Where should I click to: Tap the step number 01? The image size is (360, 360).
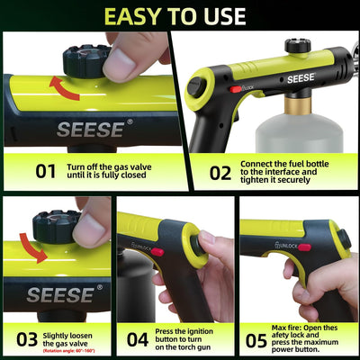pos(44,169)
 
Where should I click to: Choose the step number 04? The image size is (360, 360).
pos(138,339)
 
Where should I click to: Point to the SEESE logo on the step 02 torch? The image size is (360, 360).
pos(300,77)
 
